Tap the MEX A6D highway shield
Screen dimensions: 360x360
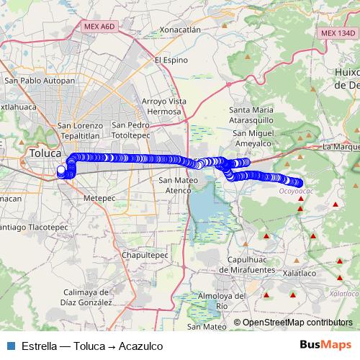tap(99, 27)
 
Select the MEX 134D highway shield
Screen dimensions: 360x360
tap(338, 33)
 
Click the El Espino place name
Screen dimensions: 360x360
tap(170, 60)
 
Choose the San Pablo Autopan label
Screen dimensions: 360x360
tap(40, 81)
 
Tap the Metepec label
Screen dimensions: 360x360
tap(99, 197)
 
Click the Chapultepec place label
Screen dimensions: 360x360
tap(145, 255)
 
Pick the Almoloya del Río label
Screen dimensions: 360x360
tap(221, 300)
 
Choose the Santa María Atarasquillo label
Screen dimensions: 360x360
tap(251, 114)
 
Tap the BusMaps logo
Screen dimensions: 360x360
tap(325, 345)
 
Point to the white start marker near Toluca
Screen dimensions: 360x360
tap(61, 171)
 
